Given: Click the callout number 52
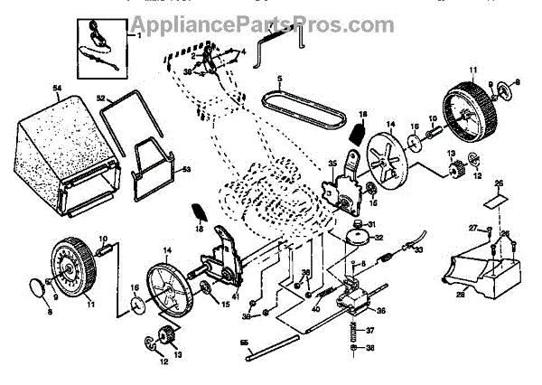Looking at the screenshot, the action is click(101, 98).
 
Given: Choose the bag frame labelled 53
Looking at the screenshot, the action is click(154, 171).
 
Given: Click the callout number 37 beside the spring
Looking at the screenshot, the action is click(369, 330).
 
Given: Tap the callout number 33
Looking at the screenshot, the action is click(418, 250).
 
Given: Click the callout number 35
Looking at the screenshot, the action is click(332, 164).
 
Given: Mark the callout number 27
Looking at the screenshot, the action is click(472, 226).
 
